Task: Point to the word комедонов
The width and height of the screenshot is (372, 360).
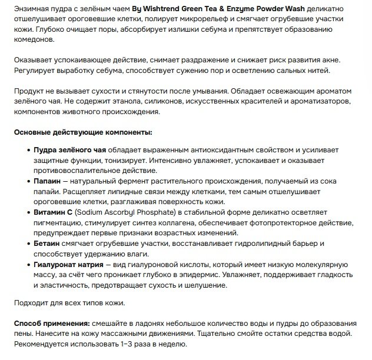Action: [x=34, y=39]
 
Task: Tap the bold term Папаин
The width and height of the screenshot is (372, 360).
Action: [x=47, y=181]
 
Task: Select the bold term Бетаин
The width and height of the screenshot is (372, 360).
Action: [x=47, y=244]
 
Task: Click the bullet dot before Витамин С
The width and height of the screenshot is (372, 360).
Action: [x=28, y=212]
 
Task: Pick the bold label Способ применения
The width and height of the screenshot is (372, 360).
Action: [x=52, y=324]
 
